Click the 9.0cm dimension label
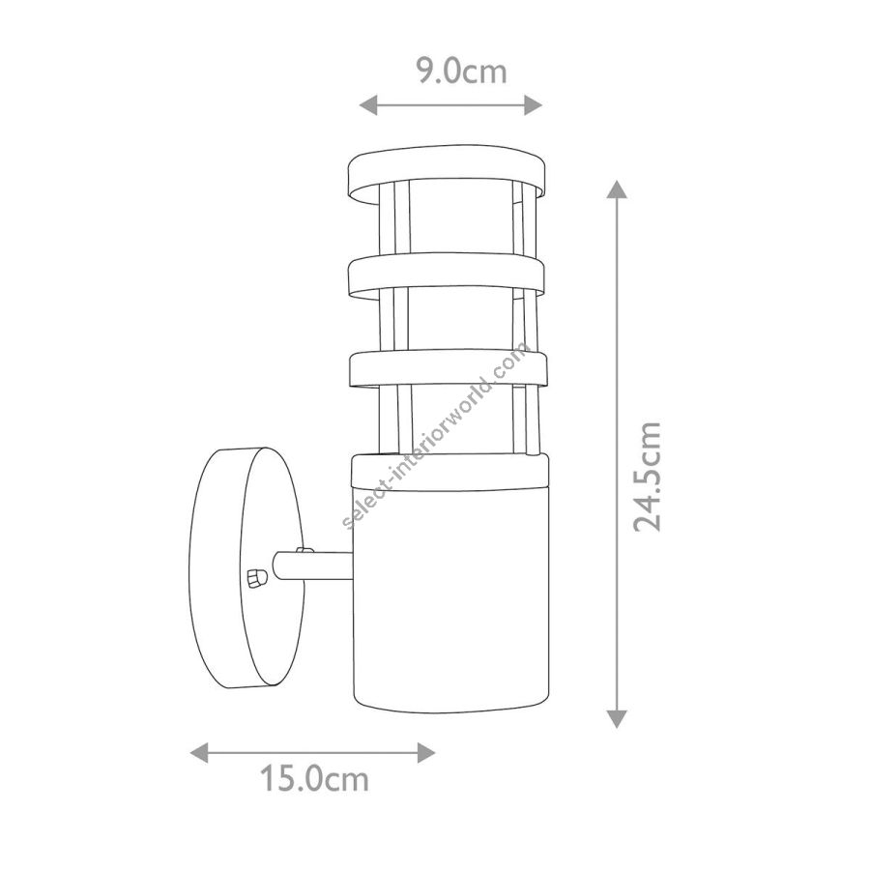click(x=462, y=72)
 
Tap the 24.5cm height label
click(x=648, y=476)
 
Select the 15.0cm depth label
click(x=314, y=779)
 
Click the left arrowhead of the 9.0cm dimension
click(x=368, y=104)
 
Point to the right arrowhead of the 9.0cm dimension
click(x=534, y=104)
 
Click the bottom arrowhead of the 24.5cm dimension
click(x=617, y=718)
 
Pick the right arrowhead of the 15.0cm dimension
click(x=426, y=752)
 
